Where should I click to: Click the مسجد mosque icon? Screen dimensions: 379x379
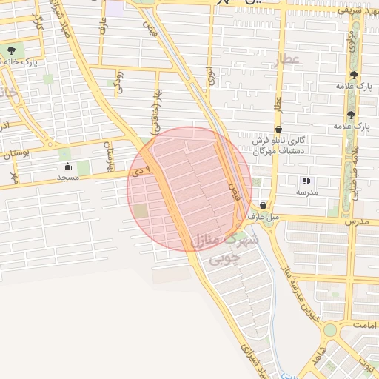[68, 166]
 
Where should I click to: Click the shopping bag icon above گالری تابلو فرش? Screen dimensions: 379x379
[278, 128]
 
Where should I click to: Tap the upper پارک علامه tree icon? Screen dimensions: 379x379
[354, 75]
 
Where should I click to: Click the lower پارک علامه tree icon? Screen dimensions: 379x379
[351, 115]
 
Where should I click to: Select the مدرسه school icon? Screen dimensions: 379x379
[306, 180]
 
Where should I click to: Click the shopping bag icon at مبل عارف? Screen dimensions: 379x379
[263, 206]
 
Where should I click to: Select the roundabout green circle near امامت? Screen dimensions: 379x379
[330, 329]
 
